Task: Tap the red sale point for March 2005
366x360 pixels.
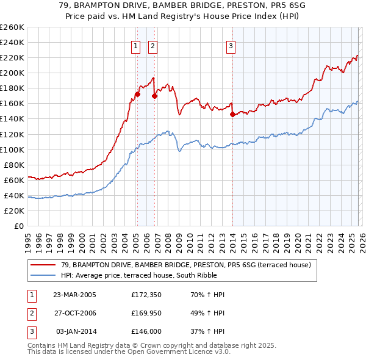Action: coord(137,94)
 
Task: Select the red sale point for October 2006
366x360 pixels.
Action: coord(155,96)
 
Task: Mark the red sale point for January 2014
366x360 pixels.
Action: coord(232,114)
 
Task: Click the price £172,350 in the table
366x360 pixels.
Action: coord(146,295)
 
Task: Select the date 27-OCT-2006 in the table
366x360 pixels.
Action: coord(74,313)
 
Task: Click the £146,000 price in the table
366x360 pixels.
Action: coord(146,331)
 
